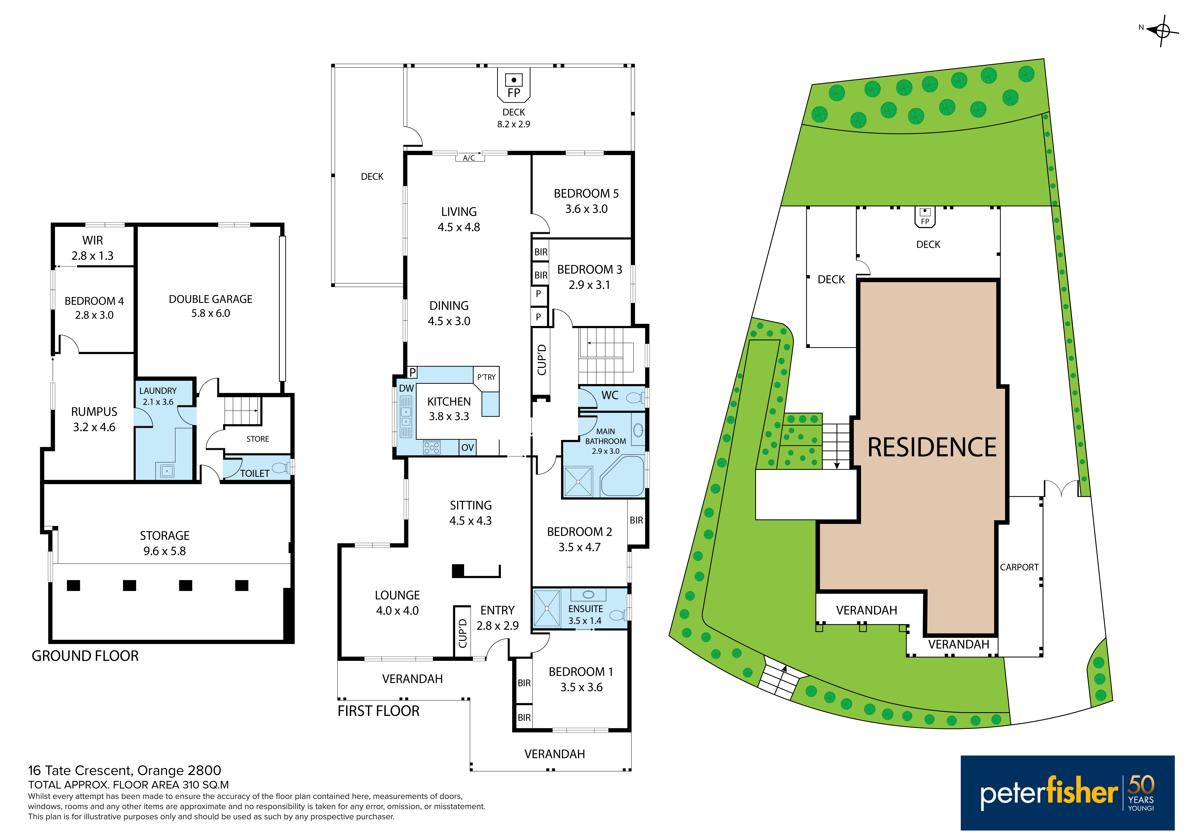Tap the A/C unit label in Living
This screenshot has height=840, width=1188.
pyautogui.click(x=469, y=158)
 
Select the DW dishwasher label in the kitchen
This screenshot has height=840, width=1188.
pyautogui.click(x=407, y=388)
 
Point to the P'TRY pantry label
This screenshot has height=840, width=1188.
pyautogui.click(x=486, y=377)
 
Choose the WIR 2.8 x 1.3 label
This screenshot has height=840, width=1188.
pyautogui.click(x=93, y=248)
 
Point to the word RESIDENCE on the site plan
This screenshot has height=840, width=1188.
pyautogui.click(x=932, y=447)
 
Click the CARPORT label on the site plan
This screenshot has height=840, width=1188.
pyautogui.click(x=1019, y=567)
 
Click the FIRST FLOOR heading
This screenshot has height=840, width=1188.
pyautogui.click(x=379, y=711)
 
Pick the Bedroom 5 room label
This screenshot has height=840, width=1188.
pyautogui.click(x=586, y=201)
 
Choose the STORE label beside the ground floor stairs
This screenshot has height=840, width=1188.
pyautogui.click(x=258, y=439)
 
